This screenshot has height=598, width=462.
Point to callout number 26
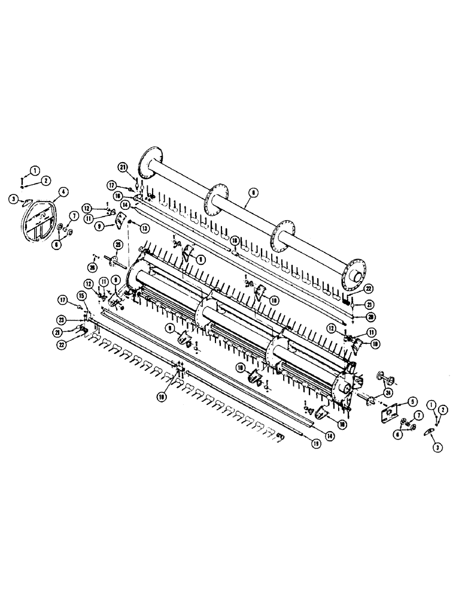pyautogui.click(x=93, y=266)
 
